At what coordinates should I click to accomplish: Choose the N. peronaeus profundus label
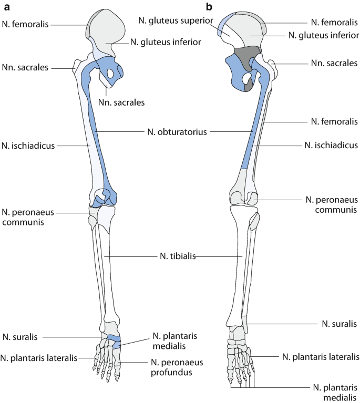[x=177, y=367]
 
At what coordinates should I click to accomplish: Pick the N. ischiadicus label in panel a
[x=28, y=146]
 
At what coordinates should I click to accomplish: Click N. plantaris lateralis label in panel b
[x=321, y=357]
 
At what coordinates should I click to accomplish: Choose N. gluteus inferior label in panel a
[x=165, y=42]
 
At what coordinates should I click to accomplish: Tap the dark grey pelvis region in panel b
[x=246, y=56]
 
